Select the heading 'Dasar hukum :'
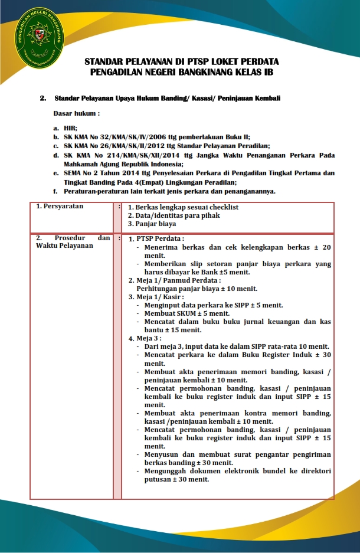click(x=77, y=112)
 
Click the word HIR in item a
click(x=70, y=127)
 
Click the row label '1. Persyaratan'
click(x=59, y=207)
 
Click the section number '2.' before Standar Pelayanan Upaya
click(x=42, y=97)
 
